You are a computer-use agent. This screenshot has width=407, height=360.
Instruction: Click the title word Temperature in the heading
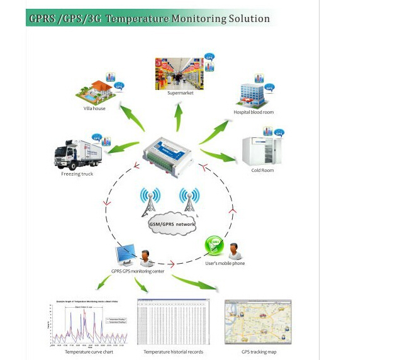click(134, 18)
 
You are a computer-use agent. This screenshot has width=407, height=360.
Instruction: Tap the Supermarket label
click(181, 93)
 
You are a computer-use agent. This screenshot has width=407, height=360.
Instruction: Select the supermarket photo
click(179, 74)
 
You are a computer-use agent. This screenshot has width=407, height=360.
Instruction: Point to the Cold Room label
click(262, 170)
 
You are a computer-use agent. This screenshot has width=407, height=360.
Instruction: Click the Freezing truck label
click(77, 174)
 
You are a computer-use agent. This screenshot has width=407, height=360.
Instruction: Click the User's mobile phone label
click(225, 263)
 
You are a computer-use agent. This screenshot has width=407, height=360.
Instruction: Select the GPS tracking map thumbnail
click(258, 322)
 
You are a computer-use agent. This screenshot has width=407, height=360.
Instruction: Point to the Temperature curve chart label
click(89, 352)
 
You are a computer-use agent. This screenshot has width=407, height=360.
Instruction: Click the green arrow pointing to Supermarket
click(179, 118)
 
